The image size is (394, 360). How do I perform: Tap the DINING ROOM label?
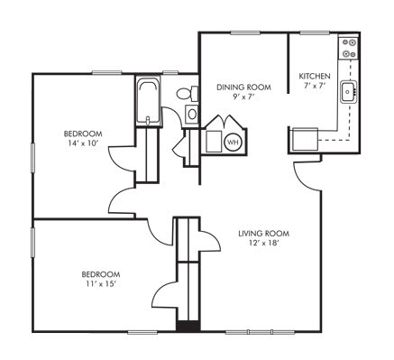[x=238, y=87]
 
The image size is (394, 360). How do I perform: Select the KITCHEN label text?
[x=315, y=76]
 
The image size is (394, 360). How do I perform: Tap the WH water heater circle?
[x=232, y=142]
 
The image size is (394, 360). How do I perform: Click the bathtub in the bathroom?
[x=147, y=103]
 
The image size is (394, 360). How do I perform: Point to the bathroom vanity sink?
[x=191, y=114]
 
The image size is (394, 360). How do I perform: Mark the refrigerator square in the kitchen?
[x=303, y=139]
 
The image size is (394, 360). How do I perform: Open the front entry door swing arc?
[x=307, y=176]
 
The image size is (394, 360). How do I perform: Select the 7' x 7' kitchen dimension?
[x=315, y=87]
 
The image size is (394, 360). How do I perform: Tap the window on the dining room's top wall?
[x=243, y=32]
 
